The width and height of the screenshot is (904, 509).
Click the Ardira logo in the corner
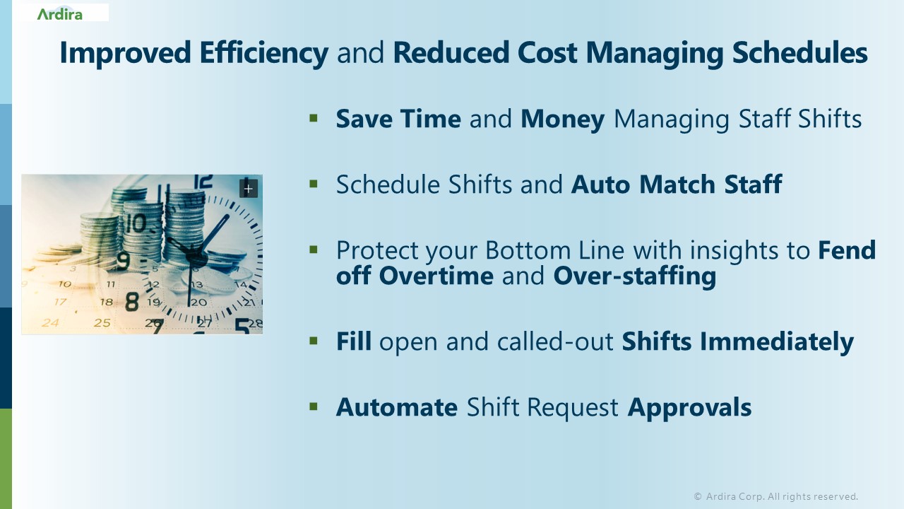(x=60, y=13)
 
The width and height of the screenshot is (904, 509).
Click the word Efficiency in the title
(x=263, y=53)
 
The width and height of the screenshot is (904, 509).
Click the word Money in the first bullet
(x=562, y=119)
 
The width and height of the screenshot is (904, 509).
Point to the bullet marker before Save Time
(x=314, y=117)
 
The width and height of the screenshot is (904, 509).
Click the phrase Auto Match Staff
(x=676, y=185)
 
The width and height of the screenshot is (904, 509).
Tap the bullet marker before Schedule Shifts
(x=314, y=183)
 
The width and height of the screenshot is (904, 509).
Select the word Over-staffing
(x=634, y=275)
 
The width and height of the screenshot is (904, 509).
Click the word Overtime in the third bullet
(x=436, y=275)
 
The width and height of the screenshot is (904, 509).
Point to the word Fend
(x=847, y=250)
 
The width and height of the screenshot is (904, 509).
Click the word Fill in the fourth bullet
(x=353, y=342)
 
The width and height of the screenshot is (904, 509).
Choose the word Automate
(x=396, y=407)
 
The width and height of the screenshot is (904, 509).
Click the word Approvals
(x=689, y=407)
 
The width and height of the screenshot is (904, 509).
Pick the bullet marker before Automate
(x=314, y=406)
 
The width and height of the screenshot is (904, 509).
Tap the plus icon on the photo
(x=248, y=188)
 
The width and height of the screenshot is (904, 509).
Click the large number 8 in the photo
(x=132, y=302)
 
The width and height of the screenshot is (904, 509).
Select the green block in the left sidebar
(x=6, y=458)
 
